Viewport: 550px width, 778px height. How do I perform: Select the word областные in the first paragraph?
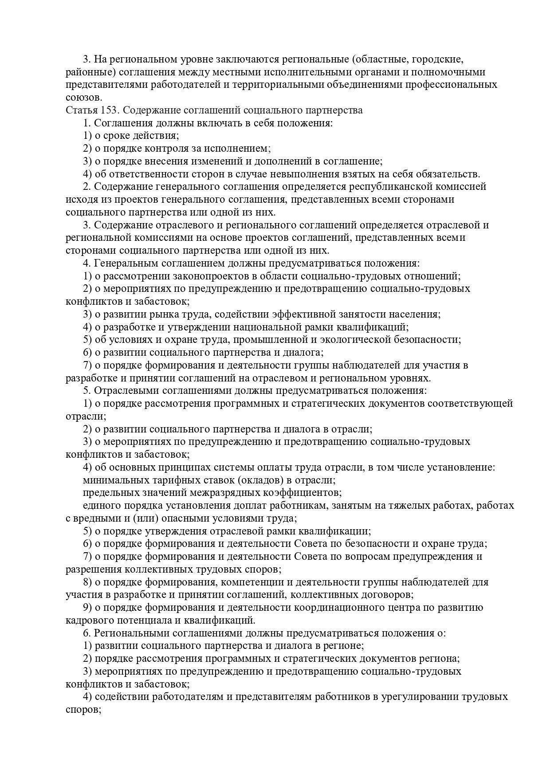[x=377, y=59]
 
